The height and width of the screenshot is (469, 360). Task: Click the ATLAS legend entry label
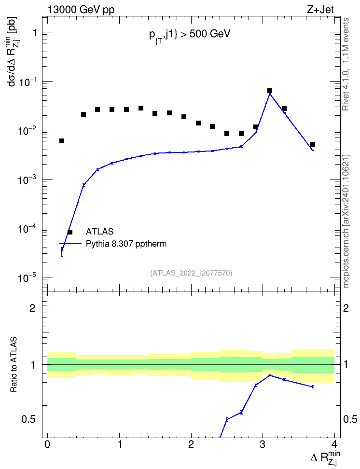coord(99,232)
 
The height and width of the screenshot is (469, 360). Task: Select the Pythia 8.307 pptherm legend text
coord(126,244)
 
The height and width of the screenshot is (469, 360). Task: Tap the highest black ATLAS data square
coord(270,91)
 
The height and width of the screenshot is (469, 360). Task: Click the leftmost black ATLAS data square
coord(62,141)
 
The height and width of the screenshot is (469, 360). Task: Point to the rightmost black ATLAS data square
coord(313,144)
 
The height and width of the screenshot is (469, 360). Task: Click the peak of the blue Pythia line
coord(270,94)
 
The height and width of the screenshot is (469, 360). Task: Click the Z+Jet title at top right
coord(320,10)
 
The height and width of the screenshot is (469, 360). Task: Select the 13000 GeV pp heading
coord(81,10)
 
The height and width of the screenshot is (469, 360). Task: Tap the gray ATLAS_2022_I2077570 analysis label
coord(191,273)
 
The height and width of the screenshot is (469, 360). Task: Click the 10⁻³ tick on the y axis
coord(27,179)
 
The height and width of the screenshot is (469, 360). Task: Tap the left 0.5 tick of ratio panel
coord(29,420)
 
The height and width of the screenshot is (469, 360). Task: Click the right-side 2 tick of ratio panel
coord(346,308)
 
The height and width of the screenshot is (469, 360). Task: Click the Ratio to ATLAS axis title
coord(14,364)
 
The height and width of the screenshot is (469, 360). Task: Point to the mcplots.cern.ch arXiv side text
coord(346,221)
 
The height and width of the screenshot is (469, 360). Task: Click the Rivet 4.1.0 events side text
coord(346,64)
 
